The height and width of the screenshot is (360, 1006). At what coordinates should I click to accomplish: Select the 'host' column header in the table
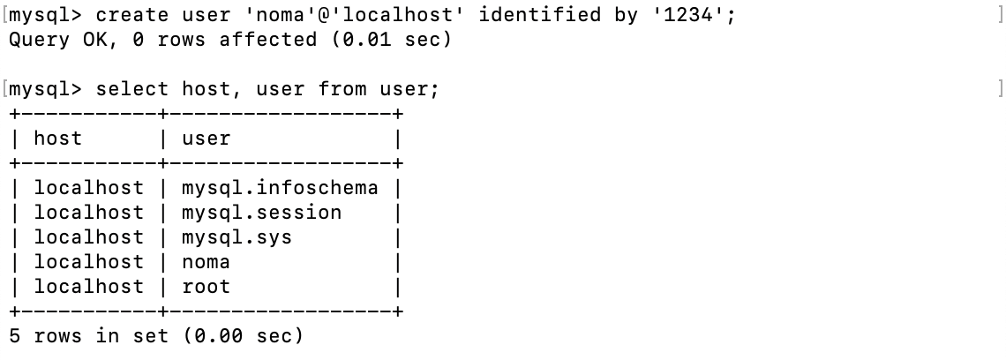58,139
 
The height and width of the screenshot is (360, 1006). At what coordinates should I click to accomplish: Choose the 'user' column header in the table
206,139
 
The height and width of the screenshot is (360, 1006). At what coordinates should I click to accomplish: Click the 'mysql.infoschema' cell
280,188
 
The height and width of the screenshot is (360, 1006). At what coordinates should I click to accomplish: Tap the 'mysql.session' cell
261,213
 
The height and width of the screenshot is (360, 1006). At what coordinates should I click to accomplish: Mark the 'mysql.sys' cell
236,237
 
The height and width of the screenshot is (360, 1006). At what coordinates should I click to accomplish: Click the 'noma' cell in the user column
206,262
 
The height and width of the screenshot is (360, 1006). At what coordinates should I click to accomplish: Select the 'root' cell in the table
206,287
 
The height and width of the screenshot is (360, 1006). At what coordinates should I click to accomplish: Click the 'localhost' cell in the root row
88,287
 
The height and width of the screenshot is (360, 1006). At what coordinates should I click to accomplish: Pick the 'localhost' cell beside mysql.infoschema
88,188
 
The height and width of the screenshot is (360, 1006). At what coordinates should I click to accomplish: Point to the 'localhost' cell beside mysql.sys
88,237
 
